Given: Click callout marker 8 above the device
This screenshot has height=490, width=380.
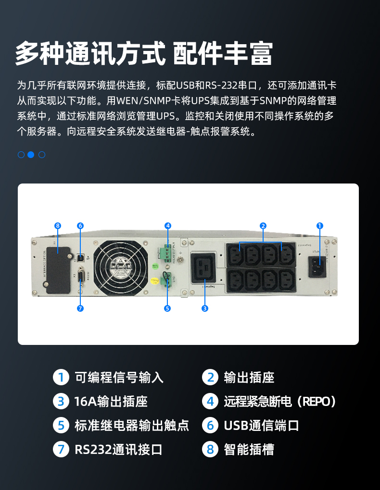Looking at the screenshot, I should [x=58, y=225].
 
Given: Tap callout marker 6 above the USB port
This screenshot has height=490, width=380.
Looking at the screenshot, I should [x=80, y=225].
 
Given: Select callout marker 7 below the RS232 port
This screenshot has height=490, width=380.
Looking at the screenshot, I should [x=80, y=308].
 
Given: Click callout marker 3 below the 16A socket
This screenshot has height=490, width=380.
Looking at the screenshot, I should [x=205, y=308].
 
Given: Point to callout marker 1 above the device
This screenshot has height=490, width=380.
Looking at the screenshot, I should [x=320, y=225].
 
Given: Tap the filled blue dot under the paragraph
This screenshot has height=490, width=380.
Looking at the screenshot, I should [x=31, y=155].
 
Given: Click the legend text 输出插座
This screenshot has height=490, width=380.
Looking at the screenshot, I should [x=249, y=378].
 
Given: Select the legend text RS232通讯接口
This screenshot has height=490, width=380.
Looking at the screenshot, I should [x=118, y=450].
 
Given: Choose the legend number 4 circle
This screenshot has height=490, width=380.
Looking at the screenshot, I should [x=210, y=402].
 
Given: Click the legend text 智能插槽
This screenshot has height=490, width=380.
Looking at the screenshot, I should [x=249, y=450].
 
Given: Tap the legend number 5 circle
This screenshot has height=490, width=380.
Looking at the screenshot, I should [x=61, y=426].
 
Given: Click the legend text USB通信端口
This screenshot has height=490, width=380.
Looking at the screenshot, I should [x=262, y=426].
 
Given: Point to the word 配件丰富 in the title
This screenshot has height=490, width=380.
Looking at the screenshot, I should [x=222, y=53].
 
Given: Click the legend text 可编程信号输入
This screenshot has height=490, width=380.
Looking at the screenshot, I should [x=119, y=378].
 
